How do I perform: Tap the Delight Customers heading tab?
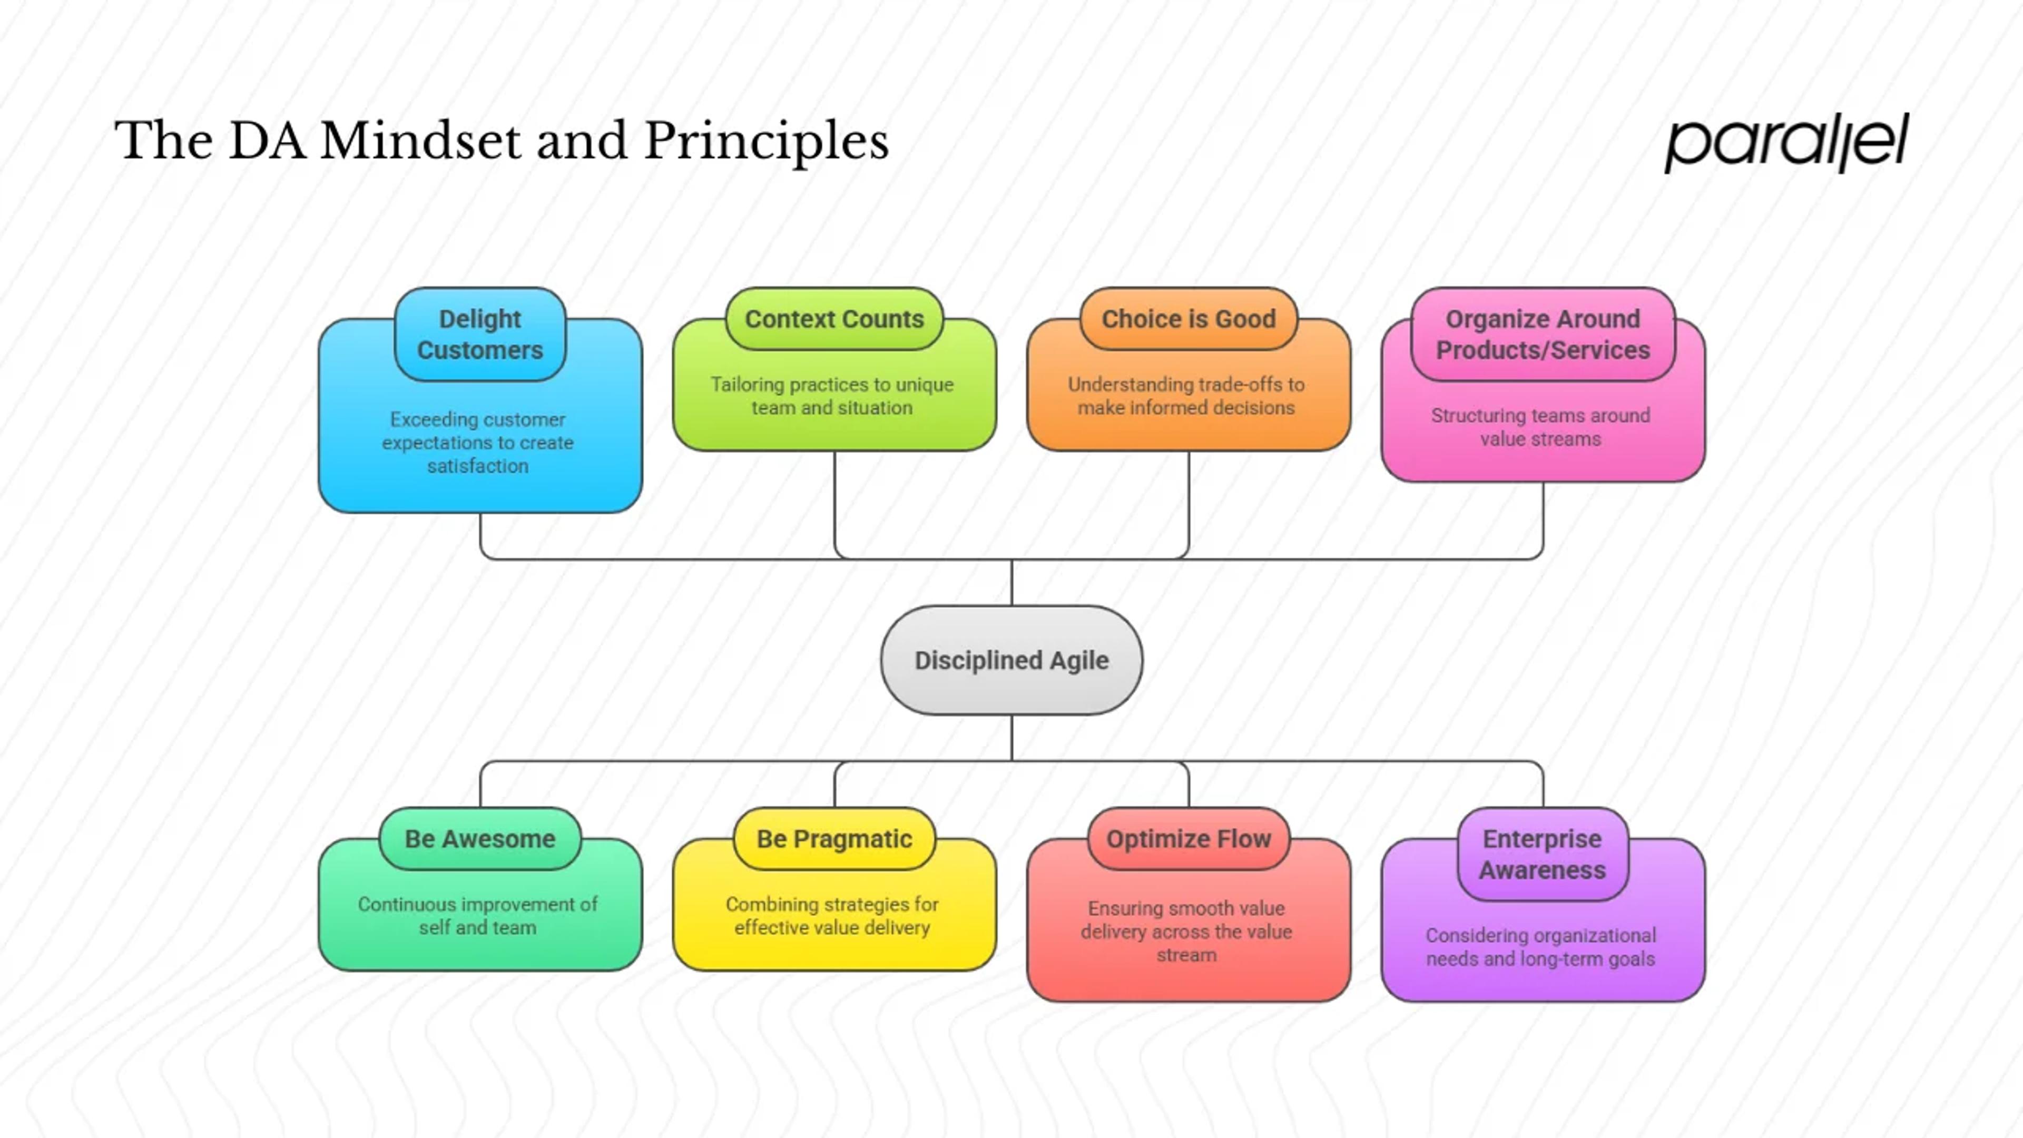[480, 334]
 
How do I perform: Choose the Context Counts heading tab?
[834, 319]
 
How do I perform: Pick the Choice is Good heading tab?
[1188, 319]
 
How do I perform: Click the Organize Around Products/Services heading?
[1543, 334]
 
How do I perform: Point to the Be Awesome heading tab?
[480, 839]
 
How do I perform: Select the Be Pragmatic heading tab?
[834, 839]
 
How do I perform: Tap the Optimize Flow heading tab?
[1188, 839]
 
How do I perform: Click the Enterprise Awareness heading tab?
[1543, 855]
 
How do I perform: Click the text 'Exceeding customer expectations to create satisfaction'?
[477, 442]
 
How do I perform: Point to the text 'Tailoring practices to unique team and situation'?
[832, 396]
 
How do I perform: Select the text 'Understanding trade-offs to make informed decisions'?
[1186, 396]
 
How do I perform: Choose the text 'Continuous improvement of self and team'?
[477, 916]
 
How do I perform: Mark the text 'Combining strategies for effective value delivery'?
[832, 916]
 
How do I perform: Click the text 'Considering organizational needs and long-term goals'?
[1541, 947]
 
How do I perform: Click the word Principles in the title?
[767, 143]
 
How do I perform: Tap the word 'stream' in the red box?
[1186, 955]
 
